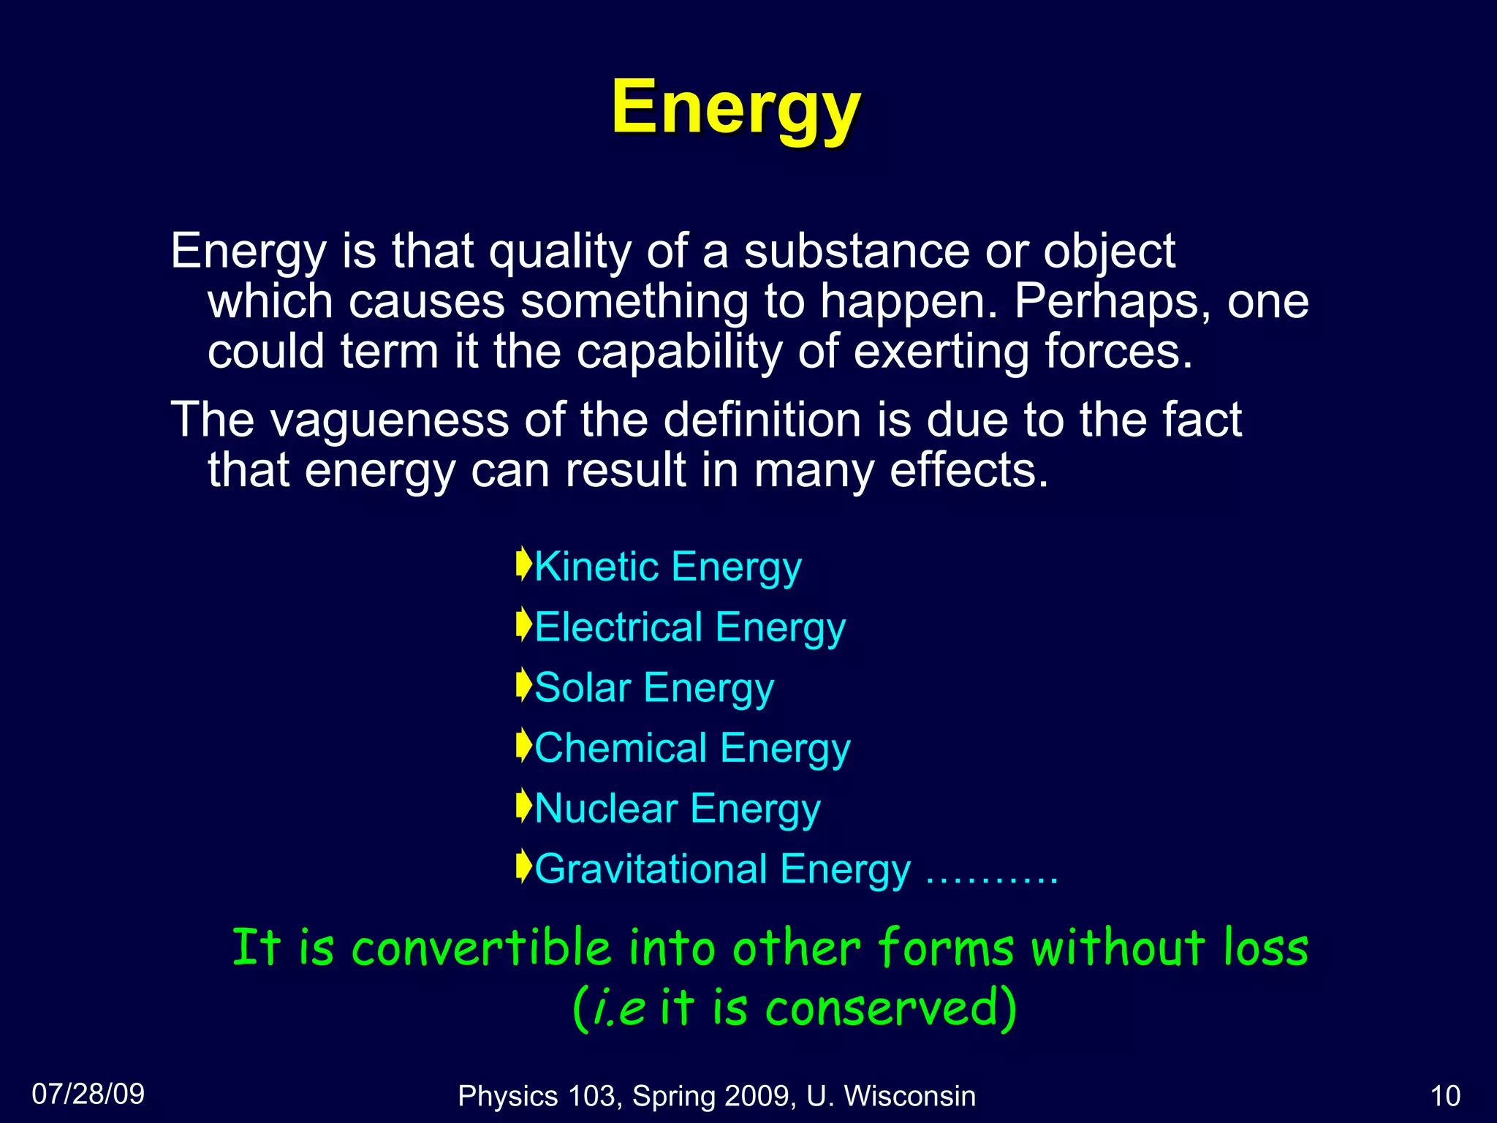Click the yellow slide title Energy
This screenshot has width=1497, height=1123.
[736, 108]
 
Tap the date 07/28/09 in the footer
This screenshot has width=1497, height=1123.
[88, 1094]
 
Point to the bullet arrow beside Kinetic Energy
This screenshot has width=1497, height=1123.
[523, 564]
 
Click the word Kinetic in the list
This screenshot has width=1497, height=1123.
[596, 567]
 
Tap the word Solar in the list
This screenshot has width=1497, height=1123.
[583, 688]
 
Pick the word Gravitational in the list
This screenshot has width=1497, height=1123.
[650, 869]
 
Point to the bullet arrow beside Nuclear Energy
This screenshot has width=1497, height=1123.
[523, 806]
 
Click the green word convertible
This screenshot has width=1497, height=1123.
[481, 948]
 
